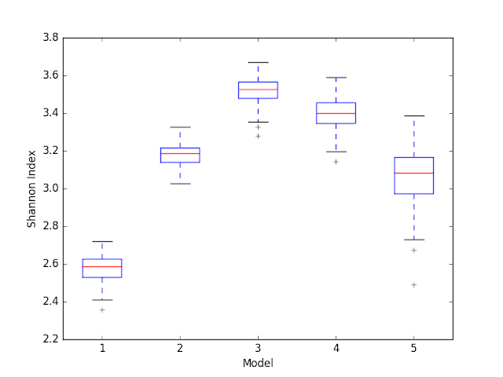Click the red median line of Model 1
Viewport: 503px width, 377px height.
102,267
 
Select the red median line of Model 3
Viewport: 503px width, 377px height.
258,90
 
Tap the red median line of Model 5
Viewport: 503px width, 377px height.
414,173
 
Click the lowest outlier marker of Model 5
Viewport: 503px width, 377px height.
414,284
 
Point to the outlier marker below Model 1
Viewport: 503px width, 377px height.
102,309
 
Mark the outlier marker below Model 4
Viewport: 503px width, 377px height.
336,162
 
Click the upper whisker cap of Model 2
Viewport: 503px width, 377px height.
180,127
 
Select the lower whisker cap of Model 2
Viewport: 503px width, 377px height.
180,184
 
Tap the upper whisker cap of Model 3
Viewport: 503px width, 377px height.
258,62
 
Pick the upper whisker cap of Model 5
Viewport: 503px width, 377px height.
414,115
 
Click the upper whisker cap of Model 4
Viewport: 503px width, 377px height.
336,78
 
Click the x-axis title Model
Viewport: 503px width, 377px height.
258,363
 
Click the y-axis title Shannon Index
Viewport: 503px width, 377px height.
32,188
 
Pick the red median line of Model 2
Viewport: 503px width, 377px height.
180,154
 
